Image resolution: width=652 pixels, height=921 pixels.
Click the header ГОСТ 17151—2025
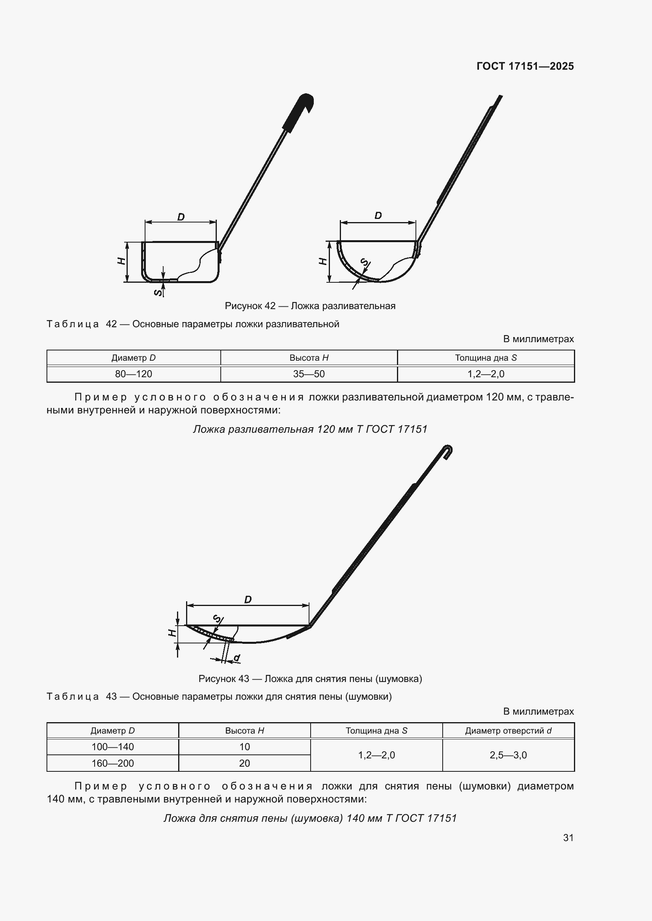click(x=525, y=66)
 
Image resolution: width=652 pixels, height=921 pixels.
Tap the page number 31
click(x=568, y=838)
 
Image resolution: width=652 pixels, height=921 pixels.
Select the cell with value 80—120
click(x=134, y=374)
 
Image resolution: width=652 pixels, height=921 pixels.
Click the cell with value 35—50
click(x=309, y=374)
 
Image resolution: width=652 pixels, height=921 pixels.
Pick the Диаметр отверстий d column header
click(x=508, y=730)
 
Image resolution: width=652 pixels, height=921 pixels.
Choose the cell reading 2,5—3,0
click(x=508, y=755)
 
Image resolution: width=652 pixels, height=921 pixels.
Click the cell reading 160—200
click(x=113, y=763)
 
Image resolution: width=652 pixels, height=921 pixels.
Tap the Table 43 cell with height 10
click(x=244, y=747)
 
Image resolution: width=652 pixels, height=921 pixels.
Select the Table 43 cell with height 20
click(x=244, y=763)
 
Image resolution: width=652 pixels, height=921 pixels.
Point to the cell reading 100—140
click(x=113, y=747)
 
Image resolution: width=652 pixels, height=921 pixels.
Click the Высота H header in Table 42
click(x=309, y=358)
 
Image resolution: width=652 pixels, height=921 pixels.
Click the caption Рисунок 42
click(x=310, y=306)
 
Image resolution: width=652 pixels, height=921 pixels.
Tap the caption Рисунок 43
click(x=310, y=679)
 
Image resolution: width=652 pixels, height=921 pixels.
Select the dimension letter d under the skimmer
click(x=237, y=658)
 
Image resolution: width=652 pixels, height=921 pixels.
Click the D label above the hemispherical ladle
click(x=378, y=216)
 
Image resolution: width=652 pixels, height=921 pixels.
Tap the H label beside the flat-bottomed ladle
click(x=121, y=261)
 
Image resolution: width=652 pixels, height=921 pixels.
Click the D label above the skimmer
click(x=248, y=600)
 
